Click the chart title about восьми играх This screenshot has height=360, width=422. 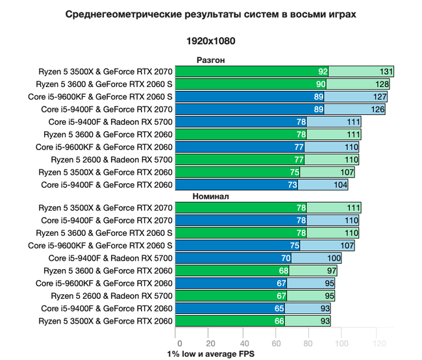(x=211, y=14)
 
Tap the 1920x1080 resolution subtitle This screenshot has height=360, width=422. (x=211, y=40)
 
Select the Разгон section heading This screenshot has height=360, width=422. (x=210, y=60)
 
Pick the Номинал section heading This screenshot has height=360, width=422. (x=211, y=196)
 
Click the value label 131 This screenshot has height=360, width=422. (x=386, y=72)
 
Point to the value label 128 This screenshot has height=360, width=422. (x=381, y=84)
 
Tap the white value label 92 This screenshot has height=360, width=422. (x=323, y=72)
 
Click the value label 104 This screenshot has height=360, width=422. (x=340, y=185)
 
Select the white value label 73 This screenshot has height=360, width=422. (x=292, y=185)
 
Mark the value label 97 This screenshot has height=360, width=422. (x=331, y=270)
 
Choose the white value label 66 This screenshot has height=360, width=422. (x=280, y=321)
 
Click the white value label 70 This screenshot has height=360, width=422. (x=286, y=258)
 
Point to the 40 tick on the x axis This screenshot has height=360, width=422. (x=243, y=343)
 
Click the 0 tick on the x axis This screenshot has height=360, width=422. (x=177, y=343)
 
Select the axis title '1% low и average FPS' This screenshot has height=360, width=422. (x=210, y=355)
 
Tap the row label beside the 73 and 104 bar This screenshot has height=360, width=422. (x=107, y=185)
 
